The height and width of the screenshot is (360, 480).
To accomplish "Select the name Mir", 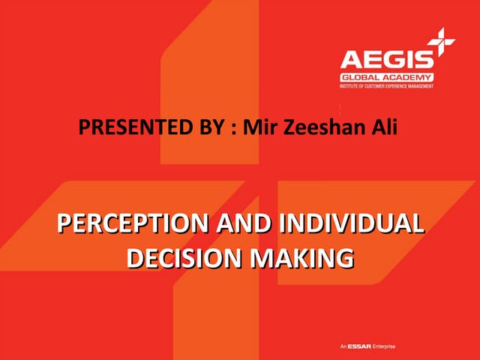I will [256, 127].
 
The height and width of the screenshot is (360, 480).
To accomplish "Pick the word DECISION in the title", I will [181, 257].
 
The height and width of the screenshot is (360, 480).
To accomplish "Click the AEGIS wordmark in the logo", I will [387, 60].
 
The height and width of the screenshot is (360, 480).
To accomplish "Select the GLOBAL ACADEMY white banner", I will [388, 77].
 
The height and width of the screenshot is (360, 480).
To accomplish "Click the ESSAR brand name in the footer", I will [358, 346].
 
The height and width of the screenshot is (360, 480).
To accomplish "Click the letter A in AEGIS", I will [350, 60].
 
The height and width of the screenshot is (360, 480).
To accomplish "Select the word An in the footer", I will [343, 346].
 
